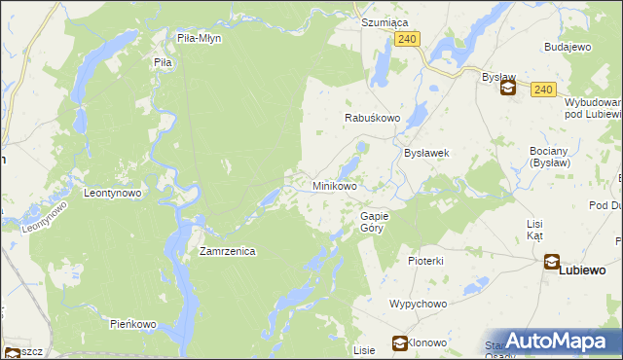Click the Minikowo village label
click(334, 185)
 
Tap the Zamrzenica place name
click(227, 251)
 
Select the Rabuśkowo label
click(373, 118)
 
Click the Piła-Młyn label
click(200, 39)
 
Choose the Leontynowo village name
click(113, 193)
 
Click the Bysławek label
click(425, 153)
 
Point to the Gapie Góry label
click(375, 221)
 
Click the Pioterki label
click(425, 261)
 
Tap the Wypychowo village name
click(418, 304)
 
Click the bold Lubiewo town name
click(582, 270)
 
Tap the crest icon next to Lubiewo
click(552, 262)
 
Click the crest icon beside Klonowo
click(399, 342)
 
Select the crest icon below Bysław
click(507, 89)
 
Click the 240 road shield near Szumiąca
click(408, 38)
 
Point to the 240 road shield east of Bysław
click(543, 90)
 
